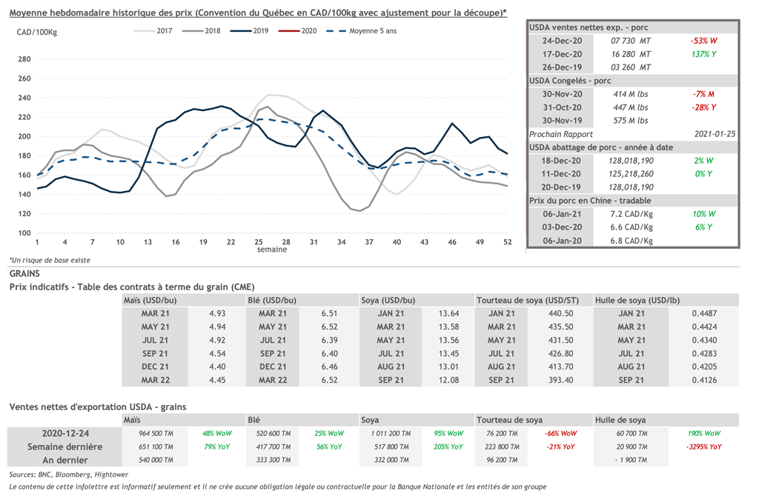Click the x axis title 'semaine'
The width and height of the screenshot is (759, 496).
click(272, 249)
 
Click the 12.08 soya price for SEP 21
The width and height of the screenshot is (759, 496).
click(450, 380)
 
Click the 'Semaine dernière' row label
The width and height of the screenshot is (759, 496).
click(64, 446)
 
